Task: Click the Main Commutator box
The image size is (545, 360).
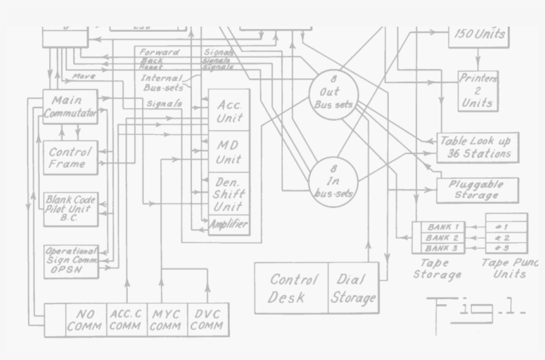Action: (x=70, y=106)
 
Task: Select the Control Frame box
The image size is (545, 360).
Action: (x=70, y=157)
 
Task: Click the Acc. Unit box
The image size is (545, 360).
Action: (x=229, y=110)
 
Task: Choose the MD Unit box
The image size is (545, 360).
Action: (x=229, y=151)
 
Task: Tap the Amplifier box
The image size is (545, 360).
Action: (x=229, y=225)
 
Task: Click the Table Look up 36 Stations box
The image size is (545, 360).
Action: (x=476, y=147)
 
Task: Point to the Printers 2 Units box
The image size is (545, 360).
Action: (x=478, y=90)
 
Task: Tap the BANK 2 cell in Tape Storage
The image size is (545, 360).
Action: (x=442, y=237)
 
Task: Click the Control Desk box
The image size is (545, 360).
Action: (x=292, y=288)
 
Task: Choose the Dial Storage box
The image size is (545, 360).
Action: (x=354, y=288)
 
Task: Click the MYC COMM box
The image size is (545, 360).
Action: (x=166, y=319)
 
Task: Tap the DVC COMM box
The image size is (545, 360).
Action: (x=207, y=319)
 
